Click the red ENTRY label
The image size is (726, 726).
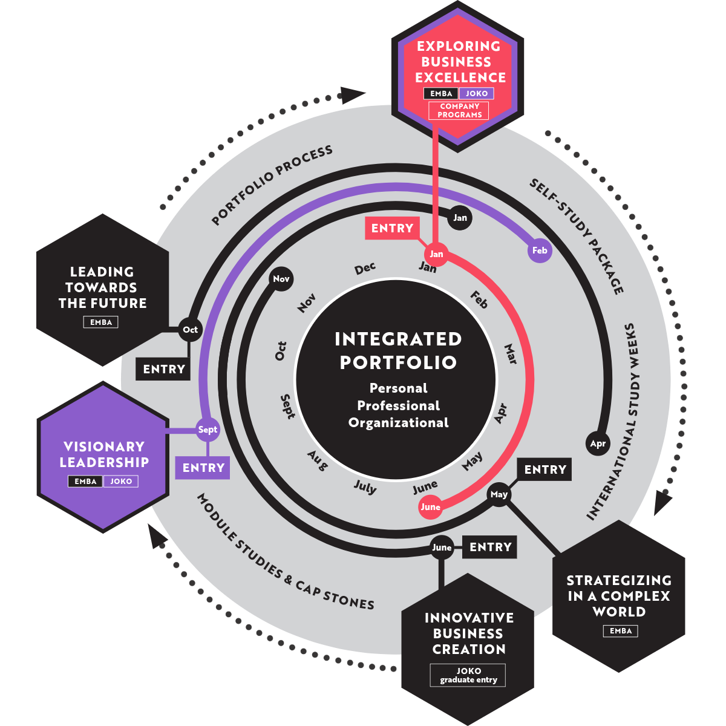click(392, 228)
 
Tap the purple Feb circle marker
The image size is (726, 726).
click(540, 250)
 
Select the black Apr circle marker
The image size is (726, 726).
click(598, 443)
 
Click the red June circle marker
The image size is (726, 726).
click(430, 507)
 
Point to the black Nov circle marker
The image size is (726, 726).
click(281, 279)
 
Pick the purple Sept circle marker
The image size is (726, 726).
click(208, 430)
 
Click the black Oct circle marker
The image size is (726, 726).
click(190, 330)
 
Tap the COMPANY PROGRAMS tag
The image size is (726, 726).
click(460, 111)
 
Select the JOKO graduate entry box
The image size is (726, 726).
click(468, 675)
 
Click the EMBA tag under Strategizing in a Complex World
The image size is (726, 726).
click(620, 631)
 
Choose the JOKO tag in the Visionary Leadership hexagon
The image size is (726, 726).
click(121, 482)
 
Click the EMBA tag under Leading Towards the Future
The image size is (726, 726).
click(101, 322)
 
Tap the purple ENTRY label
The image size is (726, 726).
click(203, 468)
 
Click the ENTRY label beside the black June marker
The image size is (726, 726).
click(490, 547)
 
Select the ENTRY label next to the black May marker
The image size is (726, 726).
click(545, 469)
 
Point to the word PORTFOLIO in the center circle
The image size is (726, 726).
click(397, 362)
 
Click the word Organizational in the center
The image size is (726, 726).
click(398, 423)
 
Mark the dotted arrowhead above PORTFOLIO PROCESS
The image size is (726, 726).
click(353, 94)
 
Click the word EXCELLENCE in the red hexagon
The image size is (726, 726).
click(460, 77)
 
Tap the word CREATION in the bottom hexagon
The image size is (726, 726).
click(469, 649)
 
